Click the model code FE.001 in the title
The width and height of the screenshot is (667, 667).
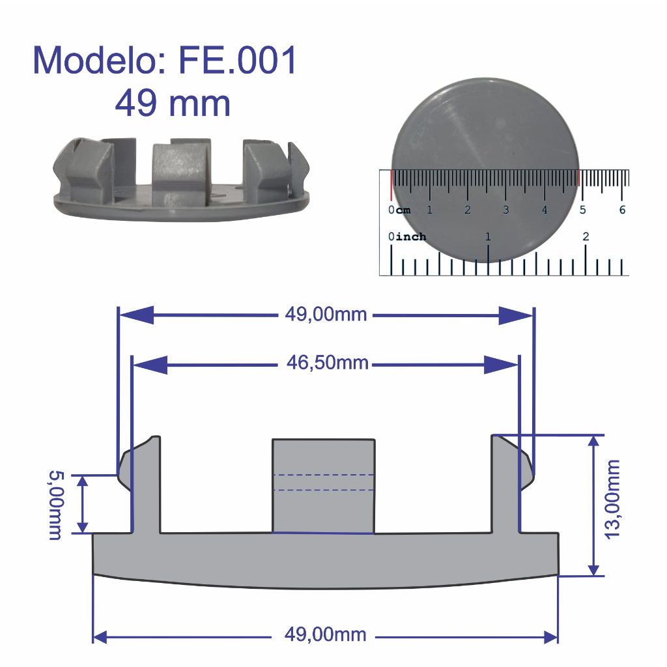tap(237, 60)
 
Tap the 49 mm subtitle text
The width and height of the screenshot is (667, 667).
tap(173, 103)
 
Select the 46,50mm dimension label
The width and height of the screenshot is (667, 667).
tap(327, 363)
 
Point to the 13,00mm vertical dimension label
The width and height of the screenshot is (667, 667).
tap(612, 500)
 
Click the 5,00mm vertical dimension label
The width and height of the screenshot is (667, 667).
tap(56, 505)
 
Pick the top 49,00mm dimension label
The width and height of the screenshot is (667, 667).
tap(326, 315)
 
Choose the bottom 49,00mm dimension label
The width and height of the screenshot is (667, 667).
tap(326, 634)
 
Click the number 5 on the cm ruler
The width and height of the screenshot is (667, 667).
tap(583, 210)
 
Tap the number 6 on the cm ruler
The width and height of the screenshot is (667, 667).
tap(622, 210)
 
